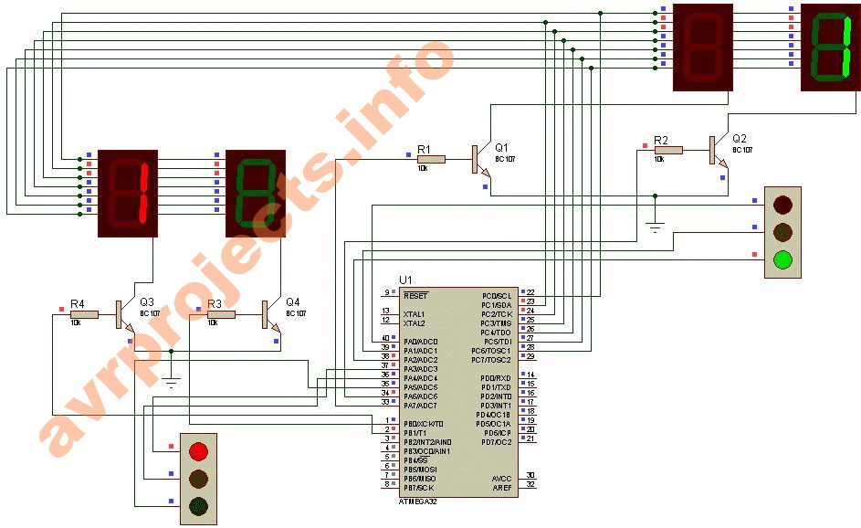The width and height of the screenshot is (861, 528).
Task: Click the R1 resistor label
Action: point(424,148)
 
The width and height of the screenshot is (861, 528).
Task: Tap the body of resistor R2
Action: point(668,150)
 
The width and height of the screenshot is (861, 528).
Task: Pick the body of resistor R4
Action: point(84,314)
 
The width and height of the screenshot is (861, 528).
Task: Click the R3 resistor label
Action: point(215,303)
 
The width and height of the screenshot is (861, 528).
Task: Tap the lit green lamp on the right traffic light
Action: point(782,260)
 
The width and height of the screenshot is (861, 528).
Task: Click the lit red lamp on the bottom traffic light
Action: point(198,450)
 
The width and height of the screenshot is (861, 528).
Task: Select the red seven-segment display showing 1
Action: point(128,193)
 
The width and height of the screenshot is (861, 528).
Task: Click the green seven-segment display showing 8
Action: point(256,193)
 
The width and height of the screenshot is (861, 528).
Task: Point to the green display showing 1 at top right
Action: point(830,48)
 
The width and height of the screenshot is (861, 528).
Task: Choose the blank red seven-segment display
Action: point(703,48)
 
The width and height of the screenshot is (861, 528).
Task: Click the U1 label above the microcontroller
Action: point(406,279)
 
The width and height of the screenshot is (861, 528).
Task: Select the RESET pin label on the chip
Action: point(416,296)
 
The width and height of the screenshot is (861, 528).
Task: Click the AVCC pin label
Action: point(501,478)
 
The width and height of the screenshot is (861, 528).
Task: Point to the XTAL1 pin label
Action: point(415,313)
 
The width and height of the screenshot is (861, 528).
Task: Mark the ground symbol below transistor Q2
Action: point(654,225)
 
